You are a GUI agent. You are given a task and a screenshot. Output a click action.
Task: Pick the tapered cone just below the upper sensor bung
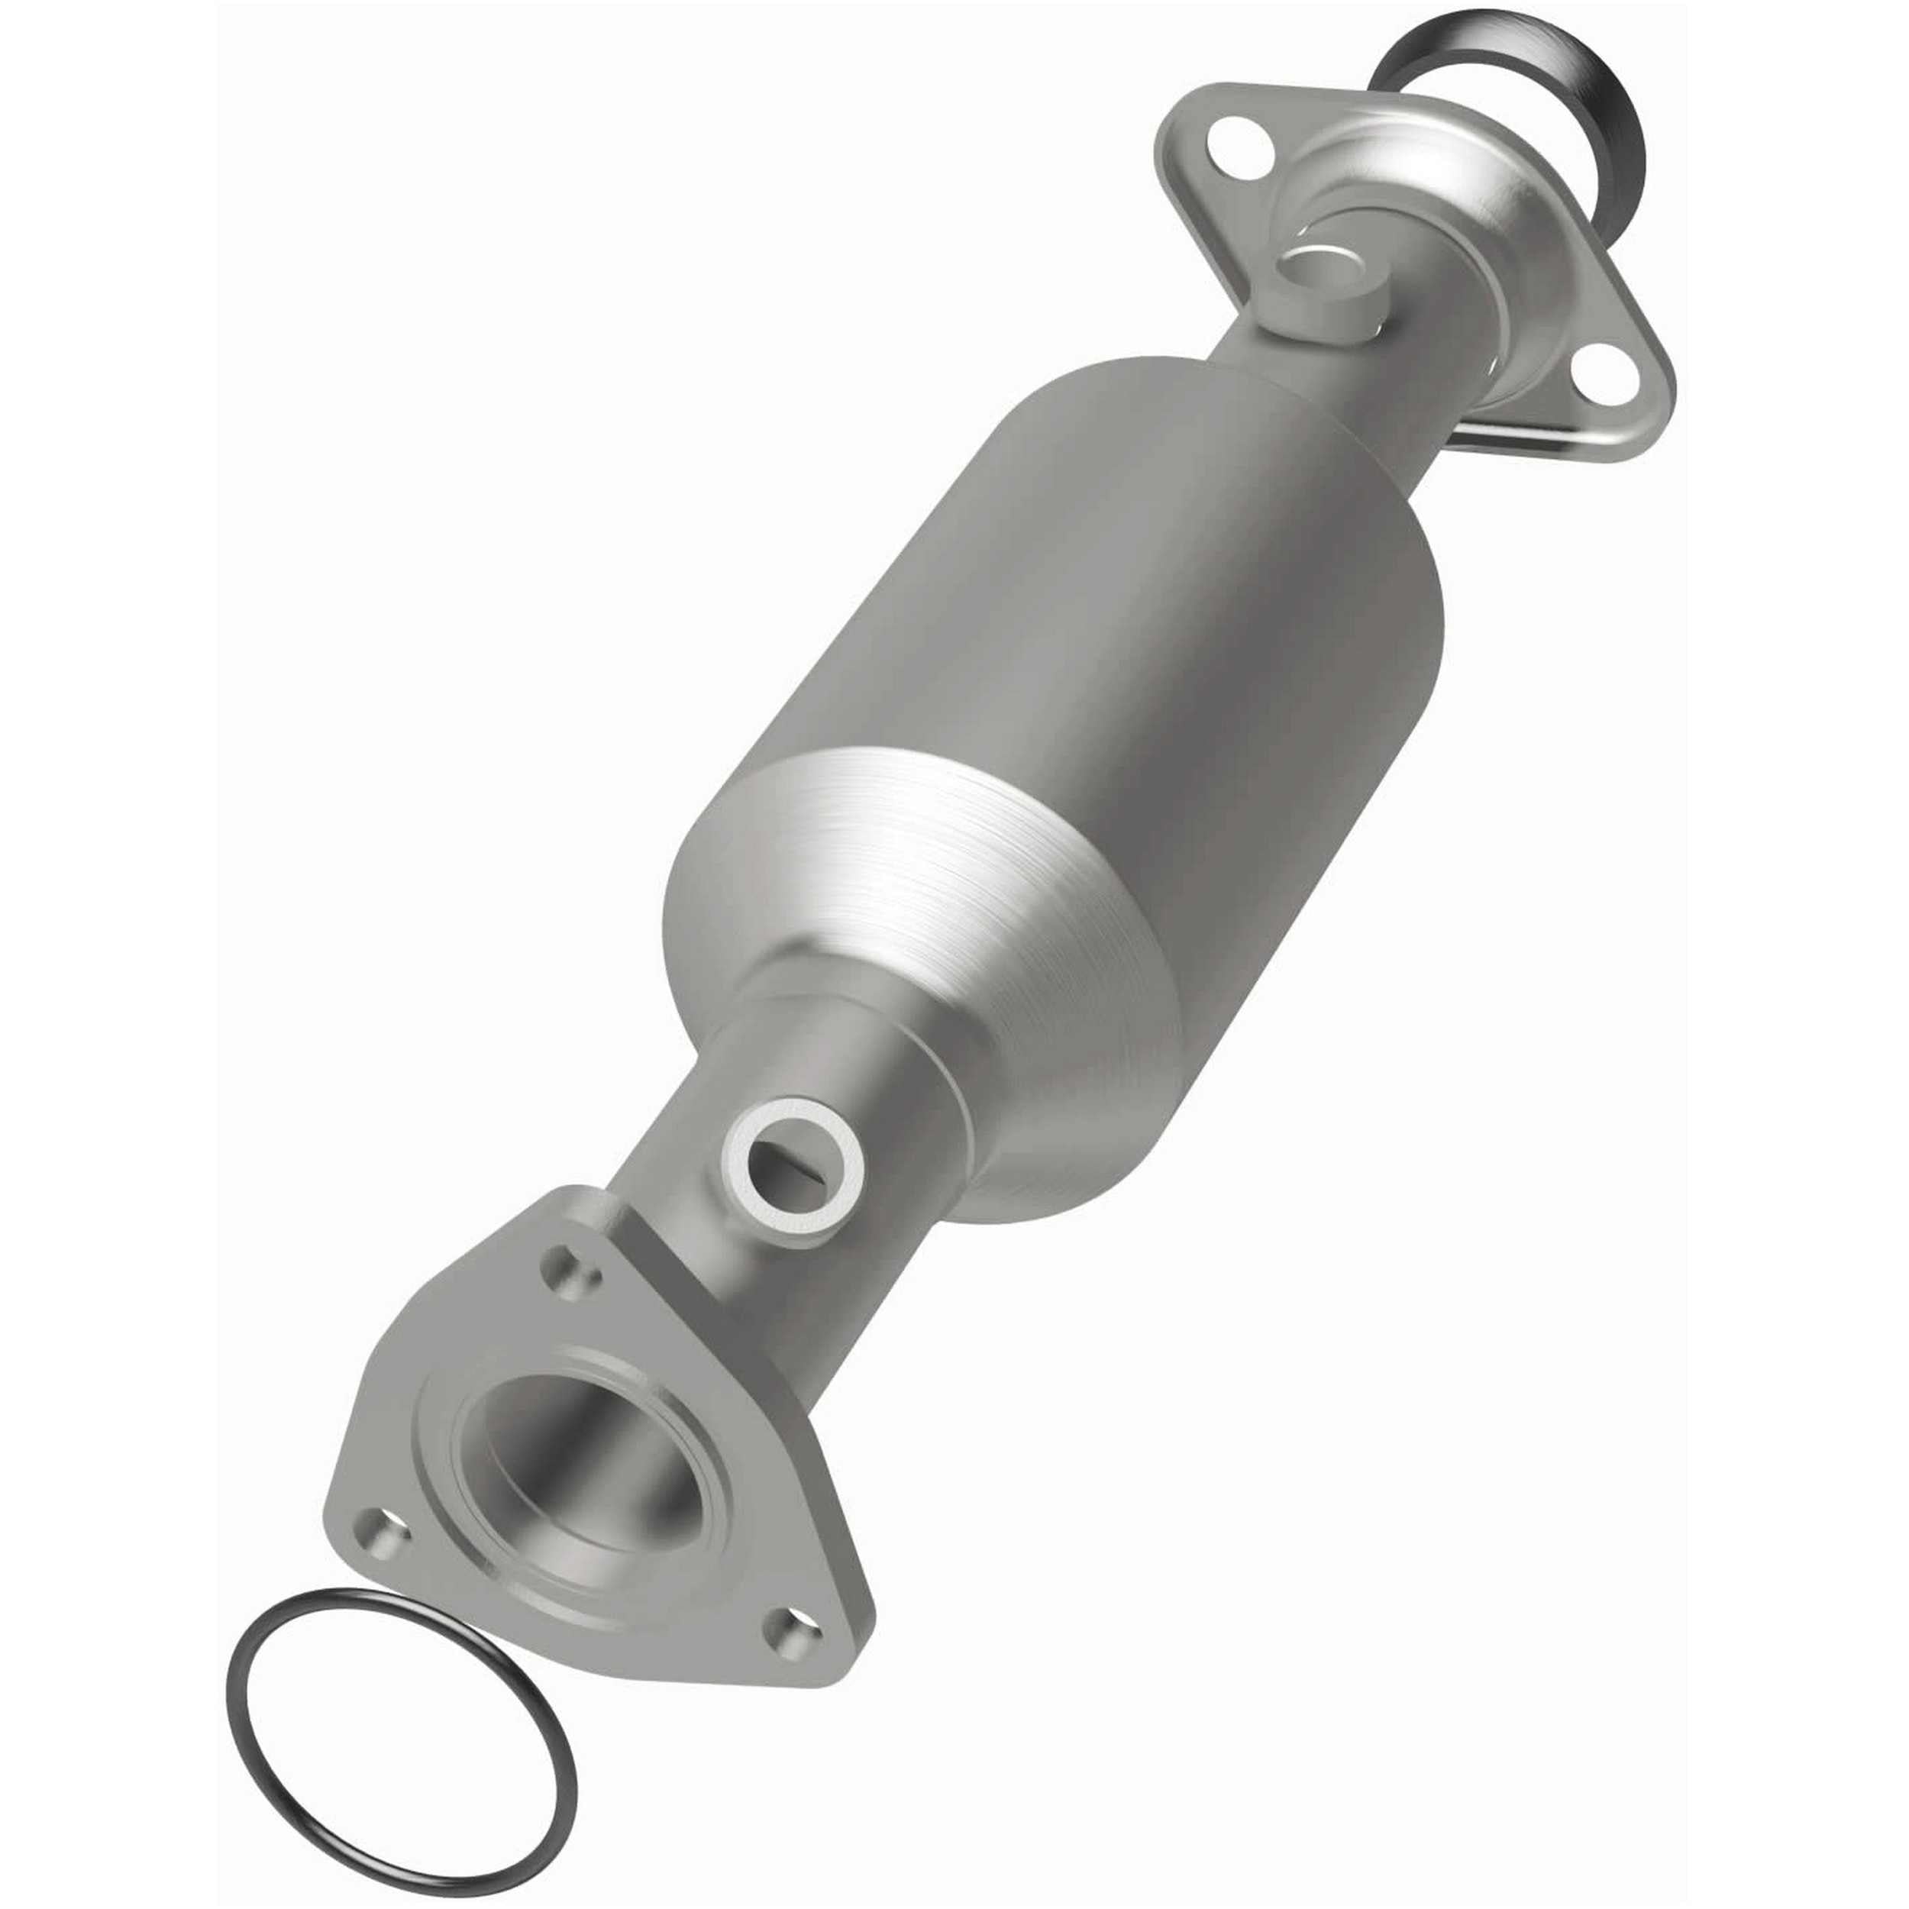[1284, 396]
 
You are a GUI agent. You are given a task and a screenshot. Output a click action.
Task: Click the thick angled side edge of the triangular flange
[682, 1274]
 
